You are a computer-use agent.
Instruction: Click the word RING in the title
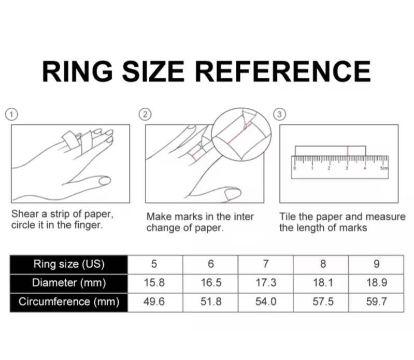77,71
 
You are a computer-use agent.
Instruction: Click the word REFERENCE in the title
283,71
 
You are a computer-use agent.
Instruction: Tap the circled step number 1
11,115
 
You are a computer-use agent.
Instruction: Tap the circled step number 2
145,114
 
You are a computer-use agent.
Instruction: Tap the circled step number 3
279,114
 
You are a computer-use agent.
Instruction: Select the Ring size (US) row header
69,264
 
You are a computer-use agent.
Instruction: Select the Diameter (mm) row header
69,283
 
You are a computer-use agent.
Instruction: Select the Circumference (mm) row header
69,302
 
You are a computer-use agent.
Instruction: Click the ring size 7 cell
266,264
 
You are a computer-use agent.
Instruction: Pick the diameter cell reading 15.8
154,283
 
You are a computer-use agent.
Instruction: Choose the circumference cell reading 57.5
323,302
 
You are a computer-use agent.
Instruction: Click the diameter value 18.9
377,283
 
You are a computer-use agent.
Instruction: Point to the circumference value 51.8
211,302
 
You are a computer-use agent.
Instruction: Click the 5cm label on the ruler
384,168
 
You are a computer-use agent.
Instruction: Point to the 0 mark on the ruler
295,168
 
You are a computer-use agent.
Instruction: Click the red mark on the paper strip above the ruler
348,151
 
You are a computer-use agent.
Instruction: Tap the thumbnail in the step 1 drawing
105,181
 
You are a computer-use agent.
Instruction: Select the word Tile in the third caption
288,217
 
